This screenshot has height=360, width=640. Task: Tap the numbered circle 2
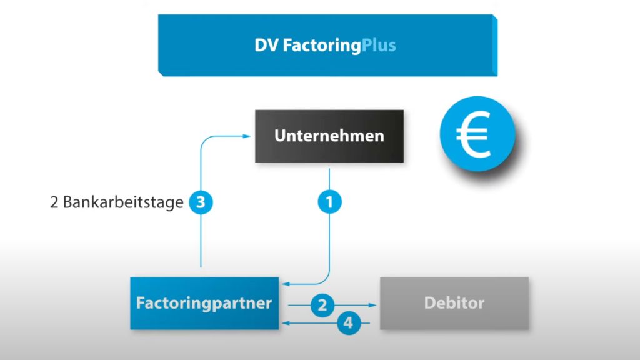coord(322,305)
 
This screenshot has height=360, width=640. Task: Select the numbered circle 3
coord(200,202)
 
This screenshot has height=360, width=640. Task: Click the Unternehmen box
coord(329,136)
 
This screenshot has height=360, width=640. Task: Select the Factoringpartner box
coord(204,304)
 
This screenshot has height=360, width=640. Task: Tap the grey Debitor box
coord(454,304)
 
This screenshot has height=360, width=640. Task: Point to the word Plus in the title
coord(379,46)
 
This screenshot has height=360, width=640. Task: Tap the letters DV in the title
coord(266,46)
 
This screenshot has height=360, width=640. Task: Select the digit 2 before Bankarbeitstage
coord(54,202)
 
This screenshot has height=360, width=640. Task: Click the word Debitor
coord(454,304)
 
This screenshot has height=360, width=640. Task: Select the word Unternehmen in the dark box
coord(329,136)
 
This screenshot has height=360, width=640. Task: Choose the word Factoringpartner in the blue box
coord(204,304)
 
